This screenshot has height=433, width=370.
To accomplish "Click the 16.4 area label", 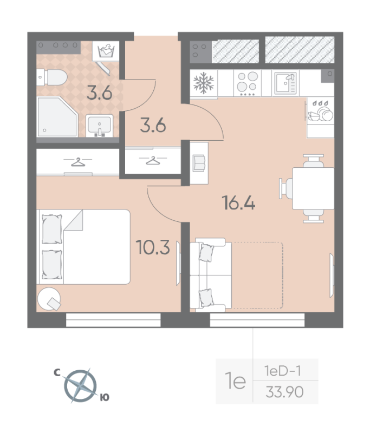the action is coord(238,202).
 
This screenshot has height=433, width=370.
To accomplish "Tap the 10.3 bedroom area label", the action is coord(153,247).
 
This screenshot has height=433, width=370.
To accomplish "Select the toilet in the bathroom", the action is coord(52,77).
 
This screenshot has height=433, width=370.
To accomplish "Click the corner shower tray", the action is coord(57,116).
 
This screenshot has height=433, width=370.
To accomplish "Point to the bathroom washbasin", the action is coord(100,126).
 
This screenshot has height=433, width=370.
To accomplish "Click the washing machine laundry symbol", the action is coord(106,51).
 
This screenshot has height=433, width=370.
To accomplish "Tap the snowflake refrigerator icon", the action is coord(204,83).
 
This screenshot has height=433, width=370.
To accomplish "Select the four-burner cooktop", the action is coord(248,83).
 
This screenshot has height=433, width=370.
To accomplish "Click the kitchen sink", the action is coord(285,83).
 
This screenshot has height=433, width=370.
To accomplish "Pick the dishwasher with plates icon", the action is coord(321,112).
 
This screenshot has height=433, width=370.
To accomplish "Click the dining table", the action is coord(313,188).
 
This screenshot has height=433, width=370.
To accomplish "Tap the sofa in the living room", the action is coord(211,275).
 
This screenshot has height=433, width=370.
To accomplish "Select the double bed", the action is coord(83,247).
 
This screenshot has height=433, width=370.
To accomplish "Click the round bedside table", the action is coord(49,299).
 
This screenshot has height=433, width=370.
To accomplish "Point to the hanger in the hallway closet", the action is coord(153,160).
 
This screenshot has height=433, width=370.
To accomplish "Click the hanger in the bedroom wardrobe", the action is coord(78,162).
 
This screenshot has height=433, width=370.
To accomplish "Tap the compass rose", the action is coord(81,386).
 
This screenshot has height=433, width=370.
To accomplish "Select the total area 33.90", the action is coord(284,392).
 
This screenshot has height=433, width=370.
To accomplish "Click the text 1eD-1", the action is coord(282,371).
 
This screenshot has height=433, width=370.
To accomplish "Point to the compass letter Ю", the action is coord(105,397).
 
